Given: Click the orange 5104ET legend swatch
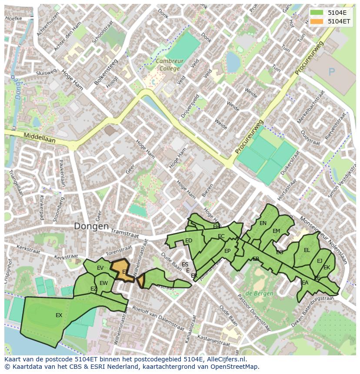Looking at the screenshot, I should [317, 21].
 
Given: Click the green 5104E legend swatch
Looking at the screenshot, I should [317, 13].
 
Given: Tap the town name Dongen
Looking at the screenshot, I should [91, 226].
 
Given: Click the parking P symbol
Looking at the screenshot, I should [332, 72].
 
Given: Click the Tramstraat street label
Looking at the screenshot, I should [124, 234].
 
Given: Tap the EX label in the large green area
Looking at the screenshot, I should [59, 315].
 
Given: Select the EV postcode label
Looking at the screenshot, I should [100, 268].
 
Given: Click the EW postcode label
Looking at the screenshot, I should [103, 283].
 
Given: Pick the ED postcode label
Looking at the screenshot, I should [189, 241].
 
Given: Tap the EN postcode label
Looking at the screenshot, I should [263, 223].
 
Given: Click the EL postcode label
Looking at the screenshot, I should [307, 250].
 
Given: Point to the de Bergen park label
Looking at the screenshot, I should [260, 294].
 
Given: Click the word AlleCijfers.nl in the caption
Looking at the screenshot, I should [226, 359].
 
